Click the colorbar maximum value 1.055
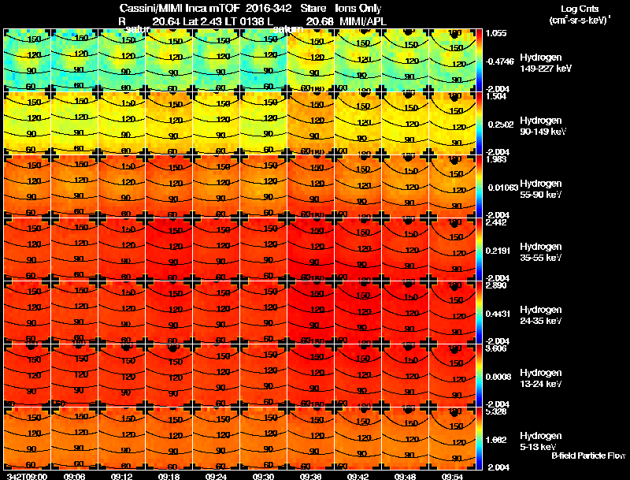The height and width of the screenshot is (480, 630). (x=495, y=33)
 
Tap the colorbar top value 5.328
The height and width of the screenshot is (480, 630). (x=495, y=411)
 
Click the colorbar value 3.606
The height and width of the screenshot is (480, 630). (x=495, y=348)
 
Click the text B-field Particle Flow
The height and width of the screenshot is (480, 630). (x=588, y=456)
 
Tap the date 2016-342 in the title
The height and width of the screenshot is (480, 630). (x=269, y=7)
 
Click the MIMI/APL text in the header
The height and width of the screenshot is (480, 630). (x=361, y=20)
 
